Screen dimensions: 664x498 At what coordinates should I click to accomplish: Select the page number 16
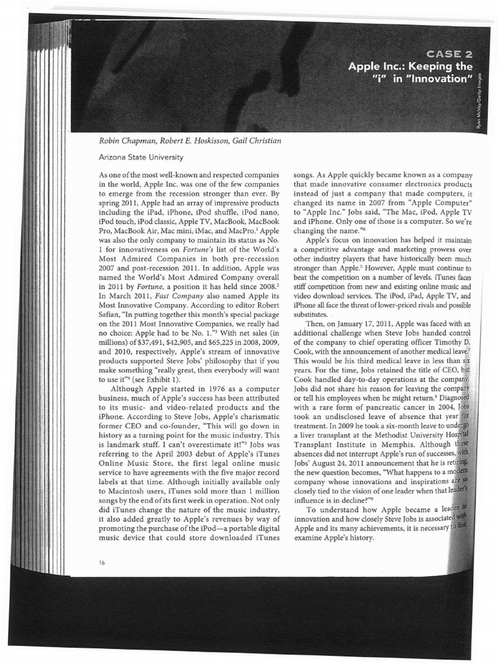[102, 562]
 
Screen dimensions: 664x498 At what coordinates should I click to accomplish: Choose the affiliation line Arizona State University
[141, 157]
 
